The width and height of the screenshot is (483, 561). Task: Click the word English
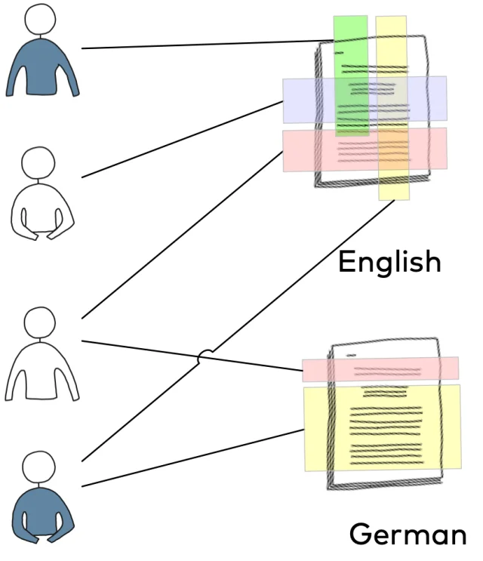pos(389,263)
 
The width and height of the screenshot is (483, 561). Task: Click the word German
pos(408,534)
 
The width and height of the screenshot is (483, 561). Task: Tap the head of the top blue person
pos(40,20)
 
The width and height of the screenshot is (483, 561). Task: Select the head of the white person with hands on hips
pos(38,163)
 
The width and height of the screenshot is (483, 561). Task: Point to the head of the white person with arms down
pos(40,322)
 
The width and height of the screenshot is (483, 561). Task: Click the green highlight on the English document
pos(351,76)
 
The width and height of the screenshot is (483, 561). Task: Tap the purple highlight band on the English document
pos(365,100)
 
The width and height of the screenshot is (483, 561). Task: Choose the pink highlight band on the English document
pos(365,149)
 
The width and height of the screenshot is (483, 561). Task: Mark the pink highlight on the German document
pos(380,369)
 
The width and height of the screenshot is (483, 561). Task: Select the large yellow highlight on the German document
pos(383,427)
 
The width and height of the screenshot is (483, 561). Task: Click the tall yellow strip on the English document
pos(392,108)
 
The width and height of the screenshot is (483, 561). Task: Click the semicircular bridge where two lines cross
pos(205,356)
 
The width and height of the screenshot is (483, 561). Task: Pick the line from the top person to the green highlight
pos(208,44)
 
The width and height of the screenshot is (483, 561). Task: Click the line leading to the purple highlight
pos(183,140)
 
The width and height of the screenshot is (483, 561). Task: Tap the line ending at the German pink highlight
pos(192,356)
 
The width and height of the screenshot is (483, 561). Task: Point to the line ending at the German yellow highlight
pos(192,458)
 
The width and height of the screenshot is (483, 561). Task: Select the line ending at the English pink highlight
pos(183,235)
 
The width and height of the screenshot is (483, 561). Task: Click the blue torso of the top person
pos(42,67)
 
